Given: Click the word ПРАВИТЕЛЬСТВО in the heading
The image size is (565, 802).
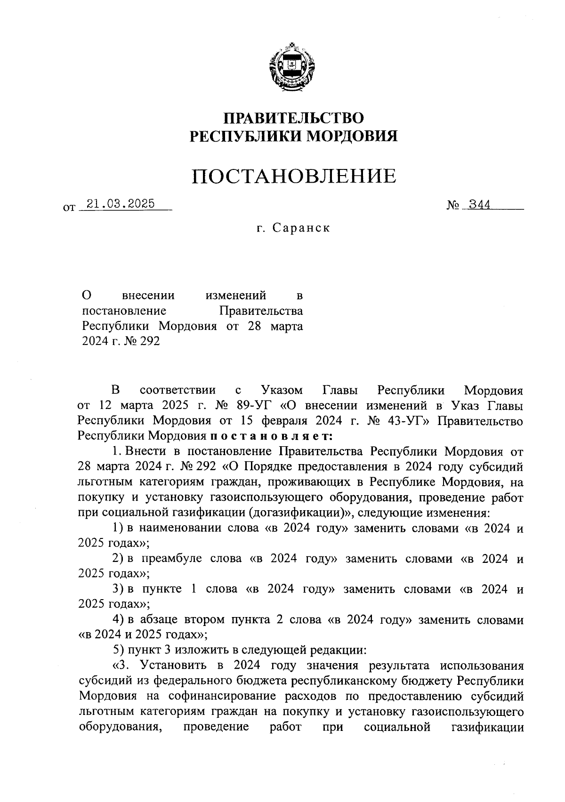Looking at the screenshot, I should tap(293, 118).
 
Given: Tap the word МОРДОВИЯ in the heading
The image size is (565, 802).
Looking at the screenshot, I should tap(352, 136).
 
